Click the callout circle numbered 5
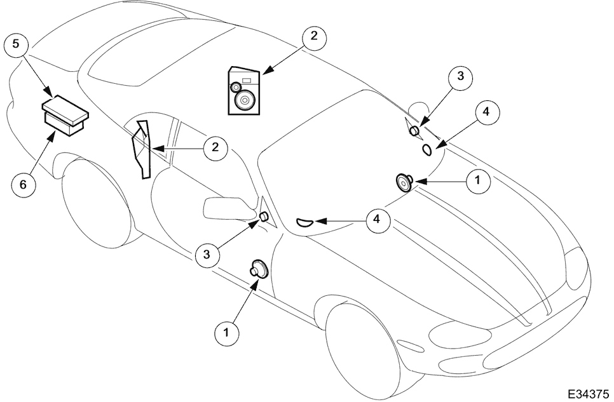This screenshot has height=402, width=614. point(16,44)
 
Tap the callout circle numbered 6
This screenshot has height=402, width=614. point(23,184)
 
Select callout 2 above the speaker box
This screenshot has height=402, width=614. point(314,36)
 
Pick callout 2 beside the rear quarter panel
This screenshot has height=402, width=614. point(215,148)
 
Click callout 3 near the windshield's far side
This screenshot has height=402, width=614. point(460,76)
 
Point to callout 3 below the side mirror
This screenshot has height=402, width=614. point(207,255)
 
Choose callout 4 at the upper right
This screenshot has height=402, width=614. point(486,112)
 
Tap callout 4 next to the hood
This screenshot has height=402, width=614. point(376,219)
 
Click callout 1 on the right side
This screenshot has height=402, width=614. point(477,181)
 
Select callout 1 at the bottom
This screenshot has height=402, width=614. point(226,333)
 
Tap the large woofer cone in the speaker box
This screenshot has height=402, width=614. point(245,100)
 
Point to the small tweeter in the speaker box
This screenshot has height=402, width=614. point(236,86)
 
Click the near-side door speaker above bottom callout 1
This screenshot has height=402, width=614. point(259,269)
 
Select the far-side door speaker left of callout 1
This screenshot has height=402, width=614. point(404,182)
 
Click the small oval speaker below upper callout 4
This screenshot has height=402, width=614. point(427,149)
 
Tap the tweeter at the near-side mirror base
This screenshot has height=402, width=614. point(264,216)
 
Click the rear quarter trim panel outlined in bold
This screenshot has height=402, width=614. point(142,150)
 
